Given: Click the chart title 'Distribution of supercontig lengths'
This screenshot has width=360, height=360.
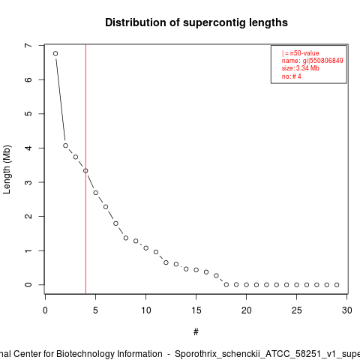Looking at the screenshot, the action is (196, 22).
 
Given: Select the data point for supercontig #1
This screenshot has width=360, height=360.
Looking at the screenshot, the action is (55, 53).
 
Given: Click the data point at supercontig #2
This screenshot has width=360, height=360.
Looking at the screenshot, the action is (65, 145).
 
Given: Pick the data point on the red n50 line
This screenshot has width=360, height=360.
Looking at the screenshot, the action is (85, 171).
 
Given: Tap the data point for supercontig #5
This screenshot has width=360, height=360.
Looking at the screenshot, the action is (96, 193).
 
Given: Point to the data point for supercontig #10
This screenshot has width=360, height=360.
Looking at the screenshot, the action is (146, 248).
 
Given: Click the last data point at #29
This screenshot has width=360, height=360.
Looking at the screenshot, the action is (337, 285).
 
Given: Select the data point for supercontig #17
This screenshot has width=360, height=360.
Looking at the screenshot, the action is (216, 275).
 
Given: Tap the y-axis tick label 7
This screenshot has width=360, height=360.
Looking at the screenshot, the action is (28, 46).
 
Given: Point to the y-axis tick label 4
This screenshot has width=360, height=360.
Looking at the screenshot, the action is (28, 148).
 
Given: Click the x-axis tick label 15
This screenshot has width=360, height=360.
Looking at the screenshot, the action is (196, 310).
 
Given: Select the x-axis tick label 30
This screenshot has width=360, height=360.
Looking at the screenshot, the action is (347, 310).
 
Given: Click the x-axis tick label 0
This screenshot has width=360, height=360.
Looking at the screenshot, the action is (45, 310).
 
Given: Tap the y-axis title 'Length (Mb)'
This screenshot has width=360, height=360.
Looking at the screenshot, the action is (7, 169).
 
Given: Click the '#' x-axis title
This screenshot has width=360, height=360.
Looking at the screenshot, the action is (196, 332).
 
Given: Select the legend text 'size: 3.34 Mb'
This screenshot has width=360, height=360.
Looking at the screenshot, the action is (301, 68).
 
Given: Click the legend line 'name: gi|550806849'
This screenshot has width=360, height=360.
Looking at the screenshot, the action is (313, 61).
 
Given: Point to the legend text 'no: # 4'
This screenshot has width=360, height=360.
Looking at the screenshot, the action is (292, 76).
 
